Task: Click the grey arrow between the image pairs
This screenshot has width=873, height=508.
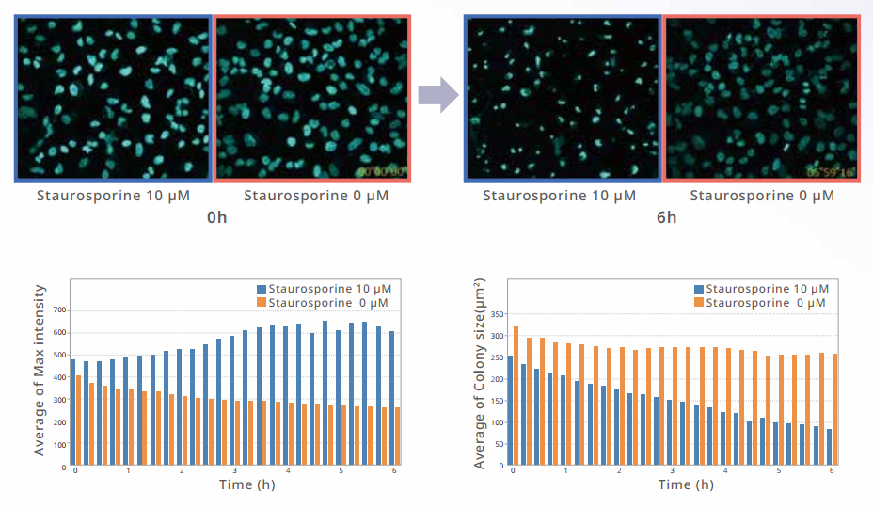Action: click(x=436, y=95)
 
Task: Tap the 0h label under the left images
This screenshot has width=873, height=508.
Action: click(x=216, y=217)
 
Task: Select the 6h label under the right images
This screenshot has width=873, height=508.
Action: click(x=665, y=217)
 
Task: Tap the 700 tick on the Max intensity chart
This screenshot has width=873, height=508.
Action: click(x=58, y=310)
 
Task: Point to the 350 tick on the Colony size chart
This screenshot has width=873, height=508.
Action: click(x=499, y=315)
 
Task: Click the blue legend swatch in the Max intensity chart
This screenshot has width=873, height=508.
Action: click(x=262, y=289)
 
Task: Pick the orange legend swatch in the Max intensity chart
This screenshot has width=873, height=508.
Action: click(x=262, y=302)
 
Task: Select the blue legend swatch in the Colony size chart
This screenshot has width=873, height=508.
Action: click(x=699, y=289)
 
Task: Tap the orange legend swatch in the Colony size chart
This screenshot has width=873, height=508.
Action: click(x=699, y=303)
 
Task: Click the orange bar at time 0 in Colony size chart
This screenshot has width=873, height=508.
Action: click(x=516, y=395)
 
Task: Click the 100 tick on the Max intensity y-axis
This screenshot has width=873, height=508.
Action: click(x=58, y=444)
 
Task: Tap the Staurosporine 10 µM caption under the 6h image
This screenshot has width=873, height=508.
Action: click(x=560, y=196)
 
